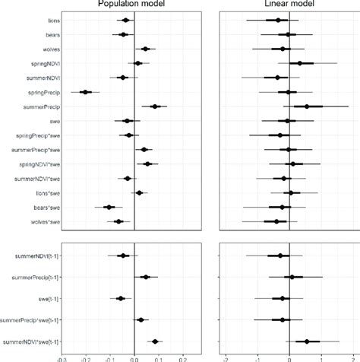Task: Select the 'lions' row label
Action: (x=43, y=21)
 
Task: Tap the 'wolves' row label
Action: (x=41, y=49)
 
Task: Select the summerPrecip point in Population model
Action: (x=155, y=106)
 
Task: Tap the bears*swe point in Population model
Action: (x=109, y=207)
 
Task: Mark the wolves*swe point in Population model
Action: (x=118, y=221)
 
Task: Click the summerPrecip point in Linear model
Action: (x=307, y=106)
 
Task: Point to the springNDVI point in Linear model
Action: (x=300, y=63)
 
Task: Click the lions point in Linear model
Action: (x=278, y=21)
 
